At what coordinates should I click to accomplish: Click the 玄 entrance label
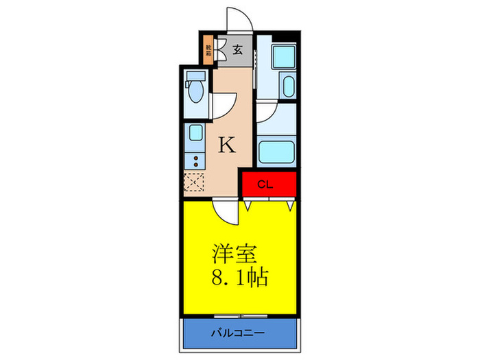[x=237, y=49]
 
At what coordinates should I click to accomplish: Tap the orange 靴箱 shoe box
[x=208, y=50]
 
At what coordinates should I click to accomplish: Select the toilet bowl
[x=196, y=91]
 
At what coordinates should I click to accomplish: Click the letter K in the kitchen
[x=227, y=145]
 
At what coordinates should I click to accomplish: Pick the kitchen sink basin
[x=195, y=133]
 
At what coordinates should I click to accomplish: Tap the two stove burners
[x=195, y=161]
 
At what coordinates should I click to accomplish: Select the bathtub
[x=276, y=149]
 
